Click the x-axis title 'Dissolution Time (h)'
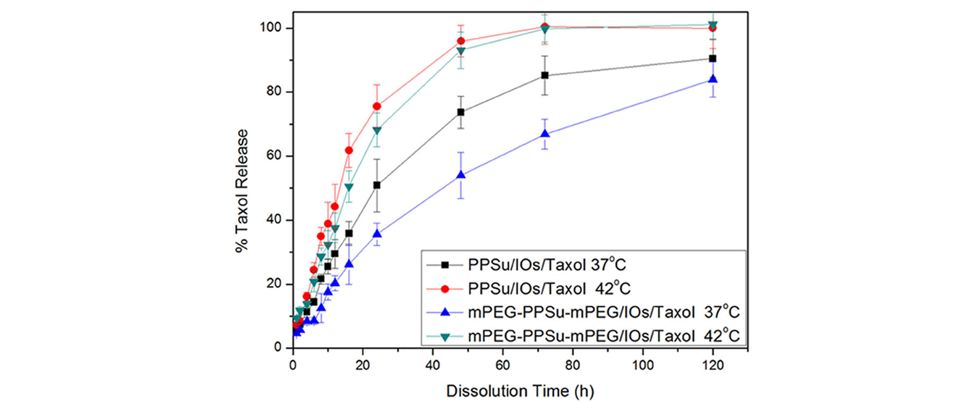520,391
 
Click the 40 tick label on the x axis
433,365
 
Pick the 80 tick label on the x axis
573,365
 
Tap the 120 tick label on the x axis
713,365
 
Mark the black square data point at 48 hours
461,112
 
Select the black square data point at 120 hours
712,59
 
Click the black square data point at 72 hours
544,75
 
